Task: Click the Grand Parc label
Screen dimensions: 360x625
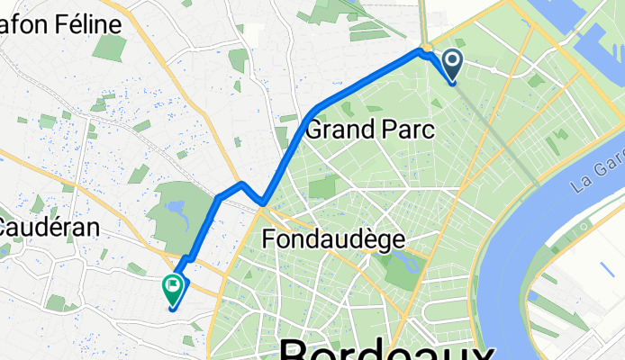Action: click(369, 130)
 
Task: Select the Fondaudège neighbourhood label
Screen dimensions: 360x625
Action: click(333, 238)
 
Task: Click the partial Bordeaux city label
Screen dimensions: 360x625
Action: click(387, 348)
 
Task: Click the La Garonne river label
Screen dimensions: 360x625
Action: click(596, 177)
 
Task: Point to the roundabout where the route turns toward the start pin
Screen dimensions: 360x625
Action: click(426, 49)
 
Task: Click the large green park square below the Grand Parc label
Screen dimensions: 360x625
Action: click(322, 187)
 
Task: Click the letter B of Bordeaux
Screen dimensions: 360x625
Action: click(298, 350)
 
